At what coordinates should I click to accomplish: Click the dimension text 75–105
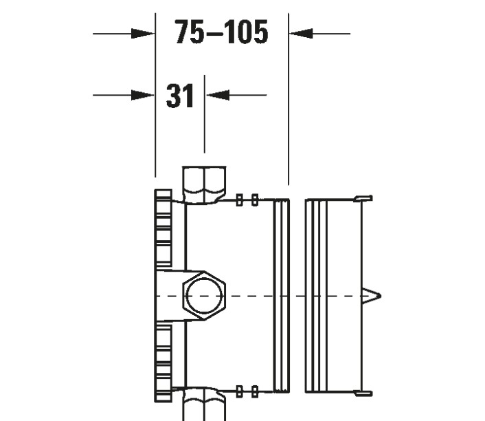coord(221,32)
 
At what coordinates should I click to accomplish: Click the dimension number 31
coord(180,96)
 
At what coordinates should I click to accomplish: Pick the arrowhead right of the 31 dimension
coord(217,96)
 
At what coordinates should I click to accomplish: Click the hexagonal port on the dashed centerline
coord(203,295)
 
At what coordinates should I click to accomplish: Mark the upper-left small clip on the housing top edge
coord(239,200)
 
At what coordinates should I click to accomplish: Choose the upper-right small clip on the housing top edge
coord(255,200)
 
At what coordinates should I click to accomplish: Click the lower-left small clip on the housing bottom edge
coord(239,391)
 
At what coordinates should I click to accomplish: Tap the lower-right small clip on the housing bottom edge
coord(255,391)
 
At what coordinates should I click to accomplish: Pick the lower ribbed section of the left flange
coord(164,362)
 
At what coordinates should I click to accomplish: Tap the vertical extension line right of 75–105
coord(289,103)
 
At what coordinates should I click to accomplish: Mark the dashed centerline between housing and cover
coord(297,296)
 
